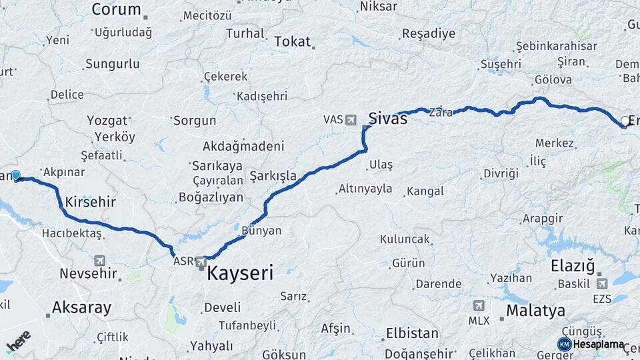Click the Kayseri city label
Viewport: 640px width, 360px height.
click(x=240, y=273)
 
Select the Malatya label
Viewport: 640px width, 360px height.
click(x=535, y=311)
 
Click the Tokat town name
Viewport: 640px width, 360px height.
click(x=292, y=41)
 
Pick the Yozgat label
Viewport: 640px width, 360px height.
click(x=107, y=121)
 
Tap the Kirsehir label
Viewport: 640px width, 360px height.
click(x=91, y=201)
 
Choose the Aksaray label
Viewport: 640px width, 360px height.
click(x=81, y=307)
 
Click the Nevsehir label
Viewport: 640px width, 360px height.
click(x=89, y=273)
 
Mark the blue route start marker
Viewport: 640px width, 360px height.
click(x=15, y=175)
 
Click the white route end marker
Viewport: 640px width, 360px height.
click(x=625, y=121)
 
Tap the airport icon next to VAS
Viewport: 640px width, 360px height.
click(x=351, y=120)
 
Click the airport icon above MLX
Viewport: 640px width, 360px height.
click(x=478, y=306)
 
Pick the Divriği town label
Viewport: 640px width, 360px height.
click(x=501, y=173)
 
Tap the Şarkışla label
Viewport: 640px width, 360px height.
click(x=273, y=175)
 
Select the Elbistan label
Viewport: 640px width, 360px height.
click(x=412, y=333)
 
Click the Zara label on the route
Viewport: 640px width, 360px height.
click(x=441, y=112)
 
